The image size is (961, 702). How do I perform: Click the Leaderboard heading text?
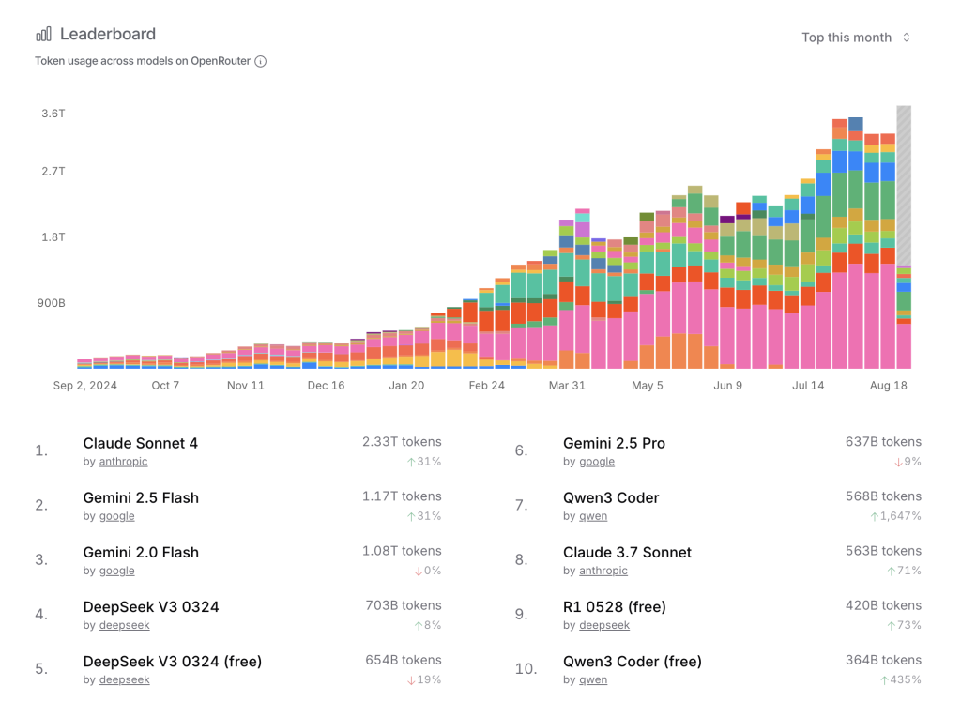point(108,34)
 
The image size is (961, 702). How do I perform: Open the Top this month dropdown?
point(855,38)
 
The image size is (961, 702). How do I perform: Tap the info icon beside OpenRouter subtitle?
point(261,62)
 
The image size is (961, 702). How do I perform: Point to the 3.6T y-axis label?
point(53,114)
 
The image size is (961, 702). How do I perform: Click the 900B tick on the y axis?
point(52,303)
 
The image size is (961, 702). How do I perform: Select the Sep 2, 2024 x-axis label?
point(85,386)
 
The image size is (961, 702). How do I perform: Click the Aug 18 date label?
point(889,386)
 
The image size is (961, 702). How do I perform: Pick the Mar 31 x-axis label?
point(567,386)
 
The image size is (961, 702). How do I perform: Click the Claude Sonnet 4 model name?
point(141,443)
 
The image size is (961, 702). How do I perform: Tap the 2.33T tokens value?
point(402,441)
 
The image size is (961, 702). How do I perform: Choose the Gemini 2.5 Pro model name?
point(614,443)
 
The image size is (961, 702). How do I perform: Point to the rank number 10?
point(526,669)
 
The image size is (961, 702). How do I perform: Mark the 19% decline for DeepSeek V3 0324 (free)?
point(429,679)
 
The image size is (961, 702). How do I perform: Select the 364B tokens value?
point(883,660)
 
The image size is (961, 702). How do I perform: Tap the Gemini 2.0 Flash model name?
point(141,552)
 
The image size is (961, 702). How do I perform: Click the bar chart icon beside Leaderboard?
point(44,35)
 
